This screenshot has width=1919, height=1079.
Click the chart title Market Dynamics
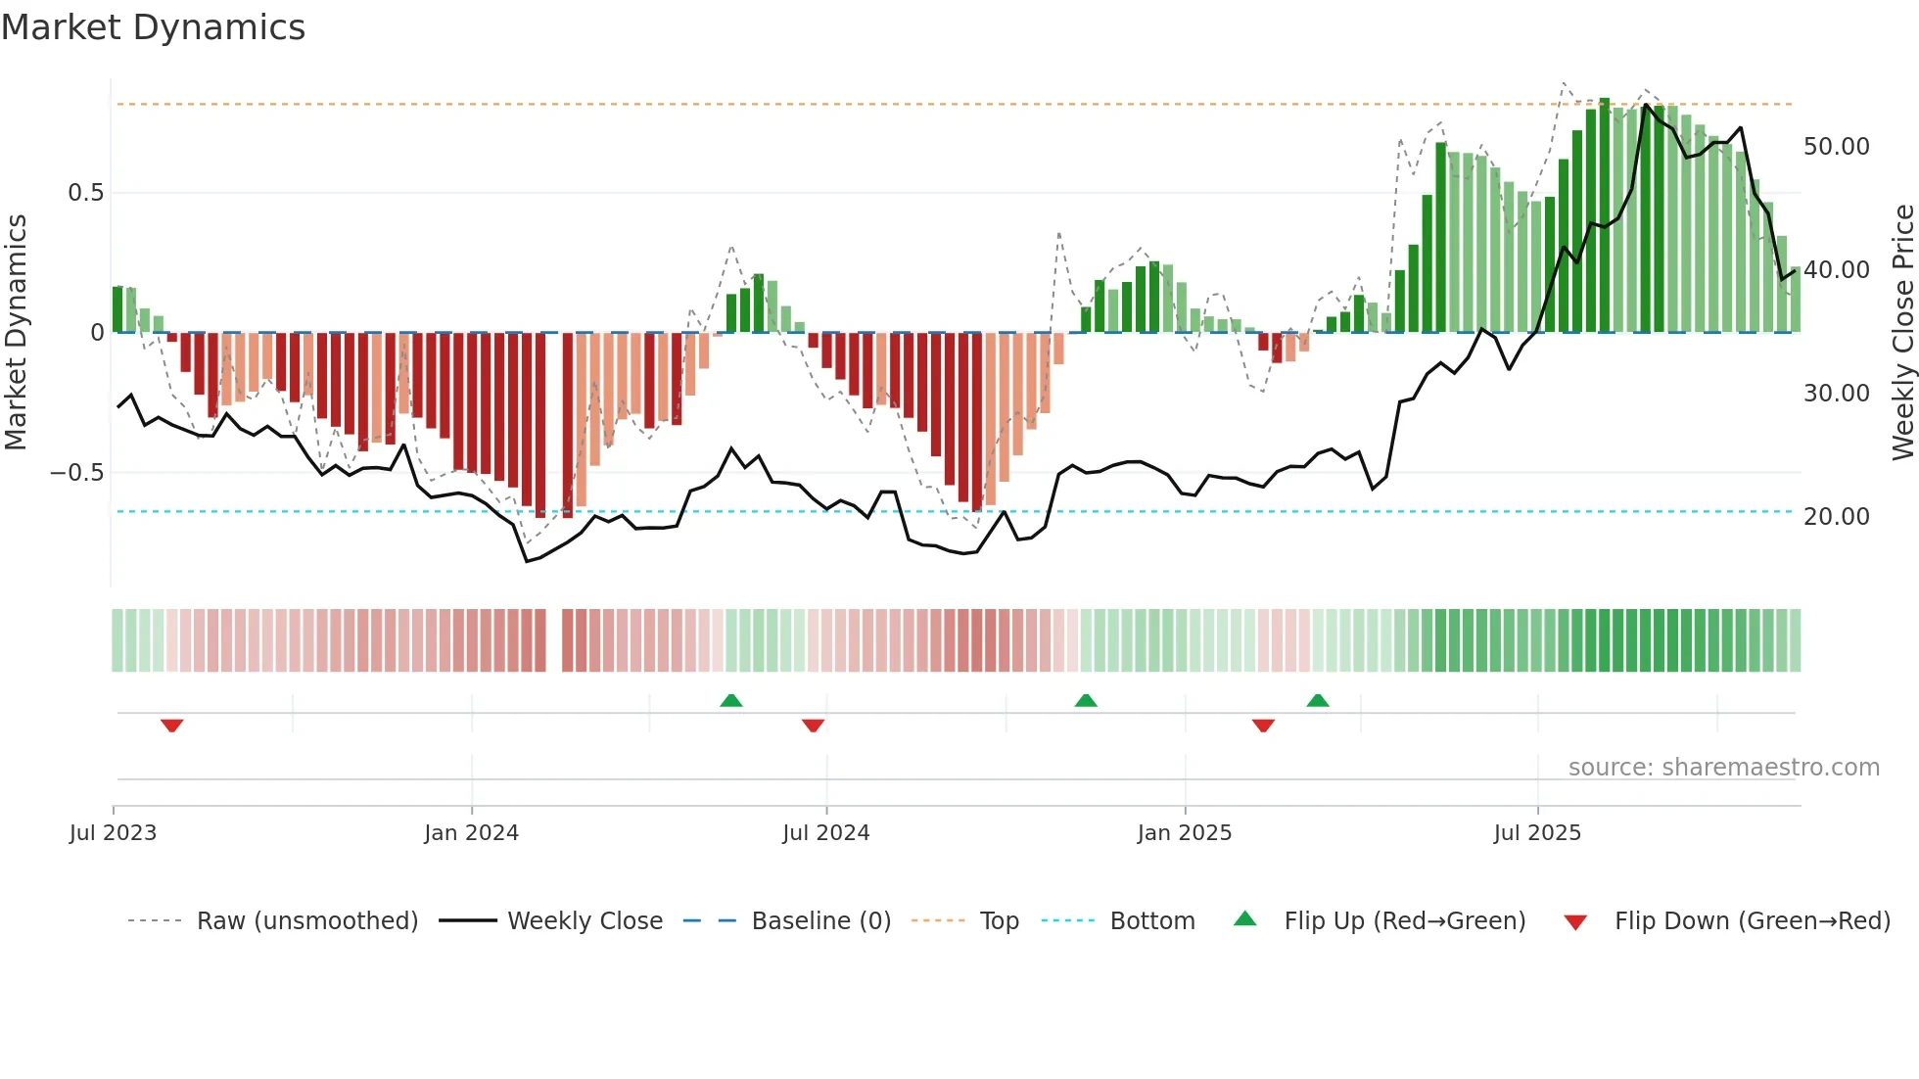[x=153, y=27]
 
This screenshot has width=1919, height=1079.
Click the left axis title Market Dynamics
[x=16, y=333]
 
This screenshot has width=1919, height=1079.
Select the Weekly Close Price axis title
[x=1902, y=333]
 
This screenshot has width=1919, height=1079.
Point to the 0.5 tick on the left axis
[x=85, y=193]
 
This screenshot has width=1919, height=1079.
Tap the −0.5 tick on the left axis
[x=77, y=473]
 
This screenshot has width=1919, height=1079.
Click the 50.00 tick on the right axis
[x=1836, y=147]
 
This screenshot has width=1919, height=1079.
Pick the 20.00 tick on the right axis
[x=1836, y=517]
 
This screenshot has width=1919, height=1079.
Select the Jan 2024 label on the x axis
[x=471, y=833]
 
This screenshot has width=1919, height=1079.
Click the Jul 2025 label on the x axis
[x=1536, y=833]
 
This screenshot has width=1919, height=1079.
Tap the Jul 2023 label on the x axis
[x=113, y=833]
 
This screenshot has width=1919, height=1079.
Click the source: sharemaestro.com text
[x=1723, y=768]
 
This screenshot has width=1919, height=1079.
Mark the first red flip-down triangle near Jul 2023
[x=172, y=726]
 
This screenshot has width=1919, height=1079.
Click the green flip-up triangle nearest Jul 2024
[x=731, y=700]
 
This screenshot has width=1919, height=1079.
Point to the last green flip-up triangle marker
[x=1318, y=700]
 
